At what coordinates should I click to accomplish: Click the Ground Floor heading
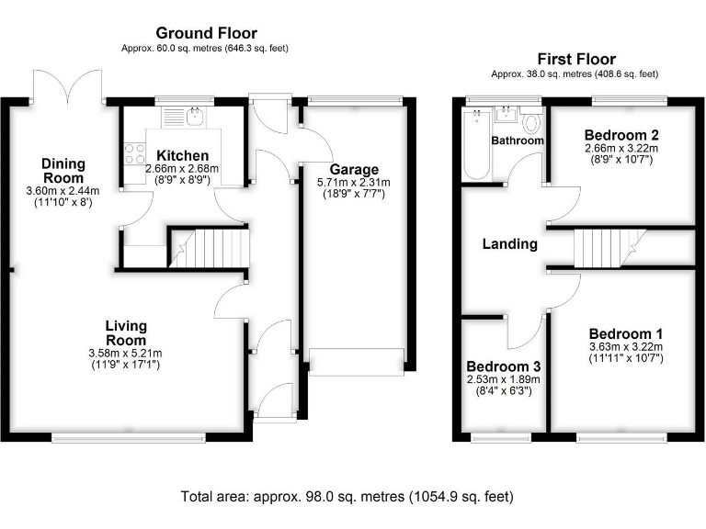click(206, 34)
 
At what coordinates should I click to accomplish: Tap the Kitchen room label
click(182, 156)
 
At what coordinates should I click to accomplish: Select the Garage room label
click(355, 170)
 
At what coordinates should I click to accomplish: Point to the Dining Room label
click(63, 171)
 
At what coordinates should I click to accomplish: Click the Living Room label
click(126, 332)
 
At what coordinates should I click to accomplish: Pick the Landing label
click(510, 244)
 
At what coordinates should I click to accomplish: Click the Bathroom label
click(517, 141)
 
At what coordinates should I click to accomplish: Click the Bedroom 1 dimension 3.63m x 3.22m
click(625, 346)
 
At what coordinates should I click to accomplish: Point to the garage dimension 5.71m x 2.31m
click(355, 183)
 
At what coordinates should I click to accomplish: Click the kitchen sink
click(193, 117)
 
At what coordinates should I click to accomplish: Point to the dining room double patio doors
click(67, 87)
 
